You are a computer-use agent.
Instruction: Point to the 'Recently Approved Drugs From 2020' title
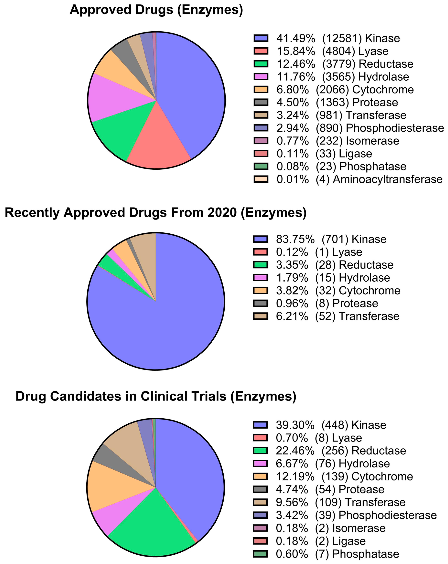(x=155, y=212)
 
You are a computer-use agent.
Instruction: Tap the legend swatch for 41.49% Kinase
(x=261, y=38)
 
